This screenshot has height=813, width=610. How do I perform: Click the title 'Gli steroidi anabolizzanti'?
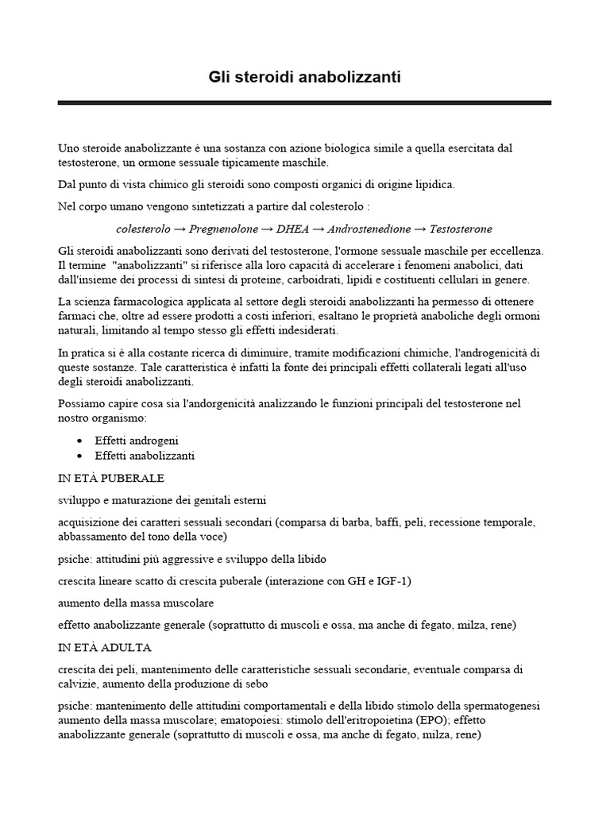tap(304, 77)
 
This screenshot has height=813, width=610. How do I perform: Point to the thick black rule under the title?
tap(304, 102)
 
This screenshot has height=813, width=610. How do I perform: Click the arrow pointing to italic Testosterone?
tap(420, 229)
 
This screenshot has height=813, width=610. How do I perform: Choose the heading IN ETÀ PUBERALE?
tap(111, 479)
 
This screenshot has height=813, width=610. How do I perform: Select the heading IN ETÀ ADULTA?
tap(105, 647)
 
